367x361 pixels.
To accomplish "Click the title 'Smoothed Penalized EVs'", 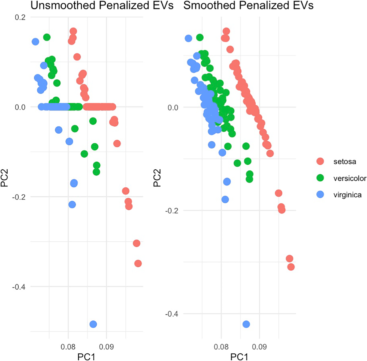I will point(248,5).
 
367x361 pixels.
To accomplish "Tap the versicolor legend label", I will point(350,178).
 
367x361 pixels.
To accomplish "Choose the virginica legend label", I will point(347,195).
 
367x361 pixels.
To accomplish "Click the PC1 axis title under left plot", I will point(86,356).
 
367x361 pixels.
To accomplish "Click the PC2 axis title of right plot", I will point(157,178).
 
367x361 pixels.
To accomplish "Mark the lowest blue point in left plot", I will point(93,324).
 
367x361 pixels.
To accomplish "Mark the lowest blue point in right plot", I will point(246,324).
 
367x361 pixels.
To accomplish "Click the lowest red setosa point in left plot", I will point(138,263).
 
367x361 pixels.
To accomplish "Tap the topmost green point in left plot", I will point(47,37).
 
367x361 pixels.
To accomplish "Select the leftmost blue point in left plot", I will point(35,42).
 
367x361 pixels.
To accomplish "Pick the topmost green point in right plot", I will point(200,37).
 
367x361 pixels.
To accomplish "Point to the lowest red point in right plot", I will point(291,267).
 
